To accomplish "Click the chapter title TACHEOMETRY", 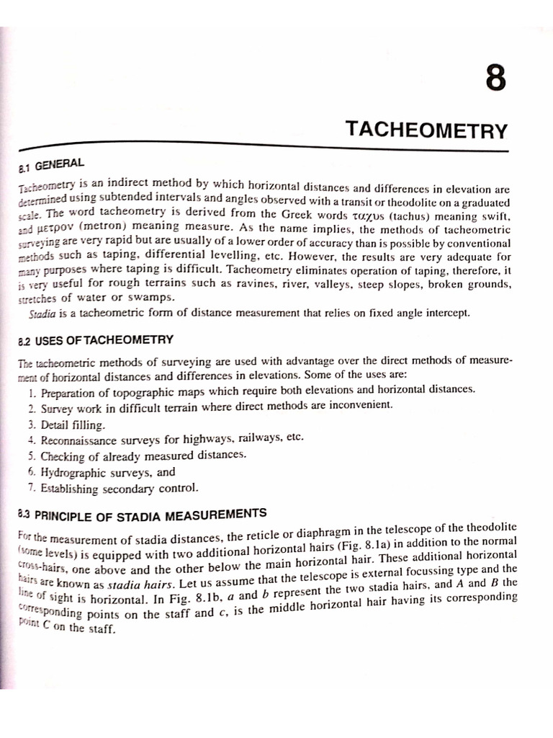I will pyautogui.click(x=426, y=130).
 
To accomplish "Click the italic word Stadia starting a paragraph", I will pyautogui.click(x=42, y=314).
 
